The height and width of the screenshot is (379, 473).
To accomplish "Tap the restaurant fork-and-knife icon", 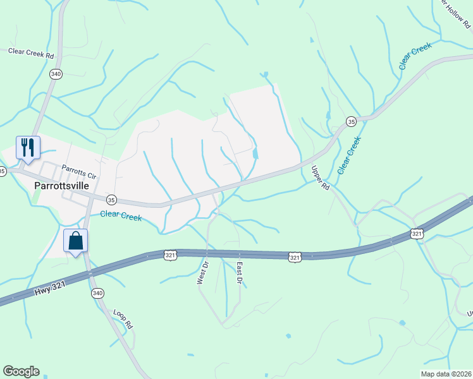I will tap(28, 148).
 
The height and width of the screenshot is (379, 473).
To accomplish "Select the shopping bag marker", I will tap(75, 241).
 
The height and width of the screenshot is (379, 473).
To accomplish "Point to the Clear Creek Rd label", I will tap(30, 52).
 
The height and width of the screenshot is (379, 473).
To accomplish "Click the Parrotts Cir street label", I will tap(78, 171).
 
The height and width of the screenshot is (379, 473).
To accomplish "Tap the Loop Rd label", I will tap(122, 319).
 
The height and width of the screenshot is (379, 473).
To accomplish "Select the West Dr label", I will tap(202, 272).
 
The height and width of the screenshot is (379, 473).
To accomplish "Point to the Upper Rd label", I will tap(321, 178).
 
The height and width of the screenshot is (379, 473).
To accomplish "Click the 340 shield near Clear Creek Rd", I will tap(56, 73).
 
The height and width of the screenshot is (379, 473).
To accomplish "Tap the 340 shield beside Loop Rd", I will tap(97, 293).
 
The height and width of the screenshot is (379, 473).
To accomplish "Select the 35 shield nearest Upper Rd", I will tap(351, 121).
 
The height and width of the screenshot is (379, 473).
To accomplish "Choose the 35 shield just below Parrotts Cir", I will tap(111, 200).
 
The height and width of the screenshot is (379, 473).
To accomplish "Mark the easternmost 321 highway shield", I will tap(416, 234).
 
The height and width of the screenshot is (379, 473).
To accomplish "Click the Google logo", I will tap(21, 371).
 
